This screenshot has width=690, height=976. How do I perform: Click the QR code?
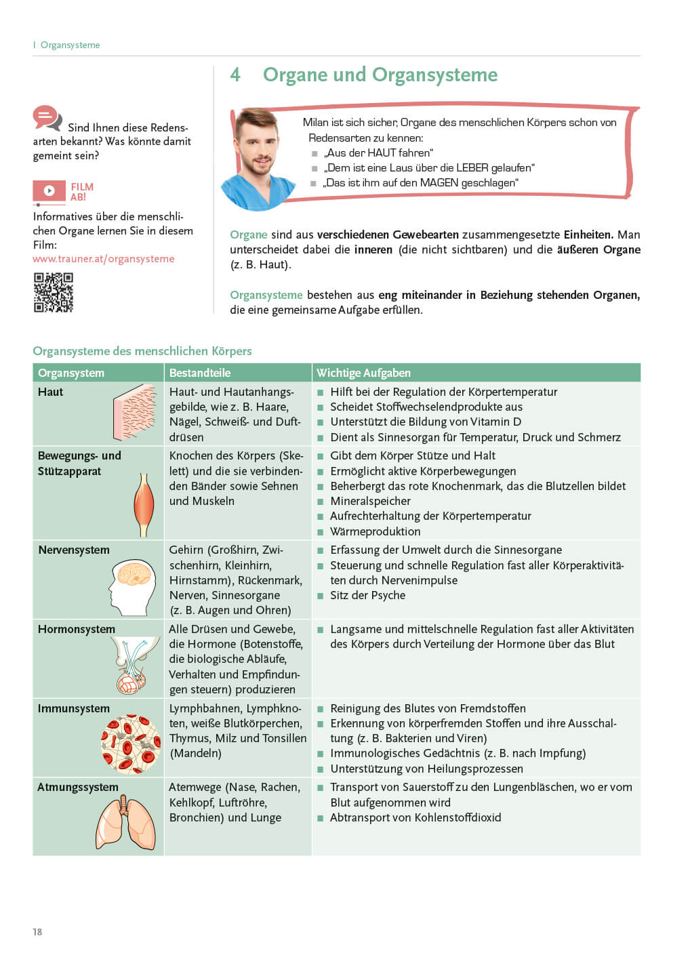pyautogui.click(x=54, y=292)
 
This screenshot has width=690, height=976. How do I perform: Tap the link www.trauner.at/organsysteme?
pyautogui.click(x=104, y=259)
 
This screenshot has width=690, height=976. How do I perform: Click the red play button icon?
pyautogui.click(x=49, y=191)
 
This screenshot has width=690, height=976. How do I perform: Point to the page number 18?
pyautogui.click(x=37, y=932)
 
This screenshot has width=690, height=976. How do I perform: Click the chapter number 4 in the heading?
pyautogui.click(x=235, y=75)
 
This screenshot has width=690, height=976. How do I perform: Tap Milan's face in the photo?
pyautogui.click(x=258, y=145)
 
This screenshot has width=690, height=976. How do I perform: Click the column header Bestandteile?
pyautogui.click(x=200, y=373)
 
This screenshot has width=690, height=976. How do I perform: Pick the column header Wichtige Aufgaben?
pyautogui.click(x=363, y=373)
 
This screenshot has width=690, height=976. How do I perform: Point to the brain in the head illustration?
pyautogui.click(x=134, y=575)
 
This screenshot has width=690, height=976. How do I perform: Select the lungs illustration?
pyautogui.click(x=125, y=823)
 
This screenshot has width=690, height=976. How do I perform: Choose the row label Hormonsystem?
pyautogui.click(x=77, y=629)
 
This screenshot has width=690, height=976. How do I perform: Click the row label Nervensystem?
pyautogui.click(x=74, y=550)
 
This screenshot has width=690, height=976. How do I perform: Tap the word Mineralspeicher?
pyautogui.click(x=370, y=501)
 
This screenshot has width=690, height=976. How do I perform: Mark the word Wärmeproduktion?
pyautogui.click(x=375, y=531)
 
